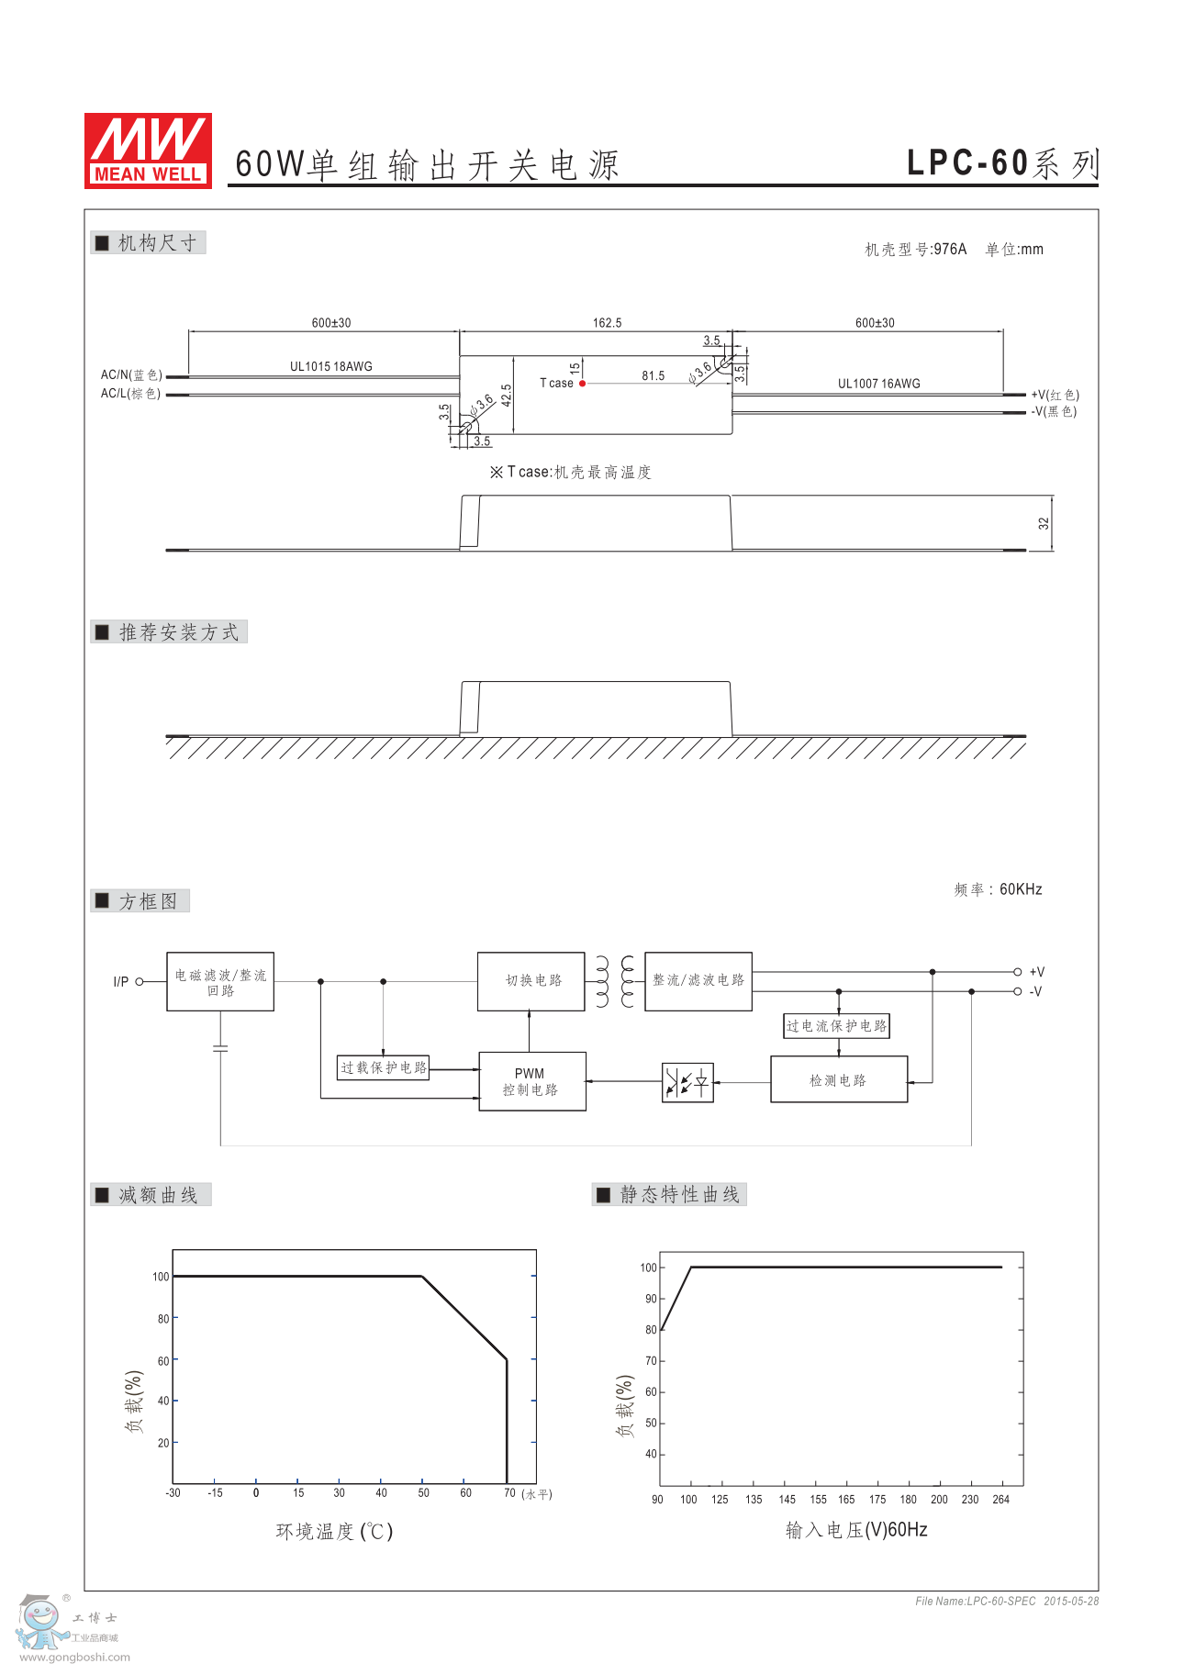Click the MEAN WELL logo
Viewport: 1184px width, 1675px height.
pos(148,151)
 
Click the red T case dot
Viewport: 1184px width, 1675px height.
pos(582,384)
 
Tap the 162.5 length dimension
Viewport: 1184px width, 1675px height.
pos(607,323)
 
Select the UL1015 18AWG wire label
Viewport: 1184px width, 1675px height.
pos(330,366)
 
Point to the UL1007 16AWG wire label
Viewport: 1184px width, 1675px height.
pos(878,384)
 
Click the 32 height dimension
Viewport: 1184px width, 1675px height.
pos(1044,523)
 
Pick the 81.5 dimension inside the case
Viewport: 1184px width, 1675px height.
pos(653,376)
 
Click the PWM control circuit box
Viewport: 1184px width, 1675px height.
pos(531,1081)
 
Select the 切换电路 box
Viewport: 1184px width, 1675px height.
pos(531,981)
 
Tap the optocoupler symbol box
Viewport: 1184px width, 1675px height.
pos(687,1082)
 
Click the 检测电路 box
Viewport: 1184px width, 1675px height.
pos(838,1080)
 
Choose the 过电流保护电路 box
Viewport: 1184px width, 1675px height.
pos(836,1026)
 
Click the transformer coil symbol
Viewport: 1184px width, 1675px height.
pos(614,981)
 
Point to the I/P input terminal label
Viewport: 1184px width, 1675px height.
pos(120,982)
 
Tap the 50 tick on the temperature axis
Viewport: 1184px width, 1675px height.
pos(423,1493)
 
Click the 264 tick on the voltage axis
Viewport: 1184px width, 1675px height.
pos(1000,1500)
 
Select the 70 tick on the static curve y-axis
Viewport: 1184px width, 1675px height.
pos(651,1361)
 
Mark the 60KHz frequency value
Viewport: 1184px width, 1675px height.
pos(1021,889)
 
